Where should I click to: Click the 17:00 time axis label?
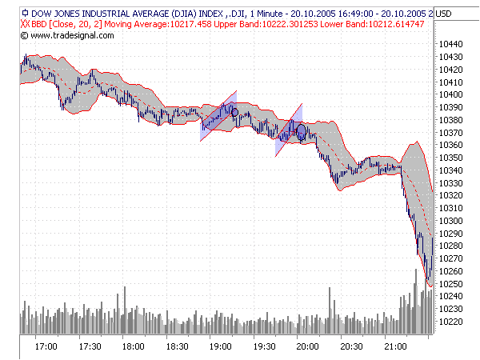click(x=46, y=346)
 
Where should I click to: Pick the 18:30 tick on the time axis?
click(x=178, y=346)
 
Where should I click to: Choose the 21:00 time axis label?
click(x=396, y=346)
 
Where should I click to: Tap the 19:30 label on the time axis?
click(x=265, y=346)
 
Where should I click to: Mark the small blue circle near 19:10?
click(x=234, y=112)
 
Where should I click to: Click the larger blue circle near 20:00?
click(x=302, y=131)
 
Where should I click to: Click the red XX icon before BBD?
click(x=25, y=24)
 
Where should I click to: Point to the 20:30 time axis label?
click(x=352, y=346)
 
